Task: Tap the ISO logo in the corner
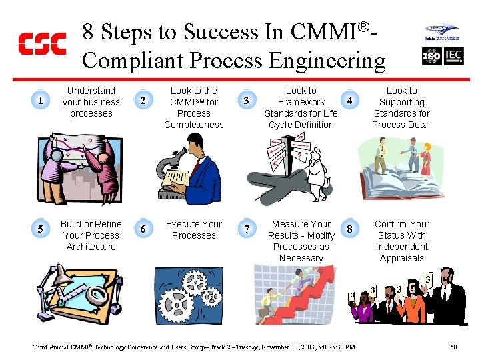tap(432, 57)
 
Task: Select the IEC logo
tap(453, 57)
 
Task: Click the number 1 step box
tap(41, 101)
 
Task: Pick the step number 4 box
tap(349, 101)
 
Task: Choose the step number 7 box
tap(247, 229)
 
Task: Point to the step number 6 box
tap(144, 229)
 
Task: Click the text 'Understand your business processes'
tap(91, 102)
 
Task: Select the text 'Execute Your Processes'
tap(194, 229)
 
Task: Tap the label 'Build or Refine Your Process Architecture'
tap(91, 235)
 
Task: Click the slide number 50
tap(453, 347)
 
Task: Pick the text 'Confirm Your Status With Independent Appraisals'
tap(402, 241)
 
